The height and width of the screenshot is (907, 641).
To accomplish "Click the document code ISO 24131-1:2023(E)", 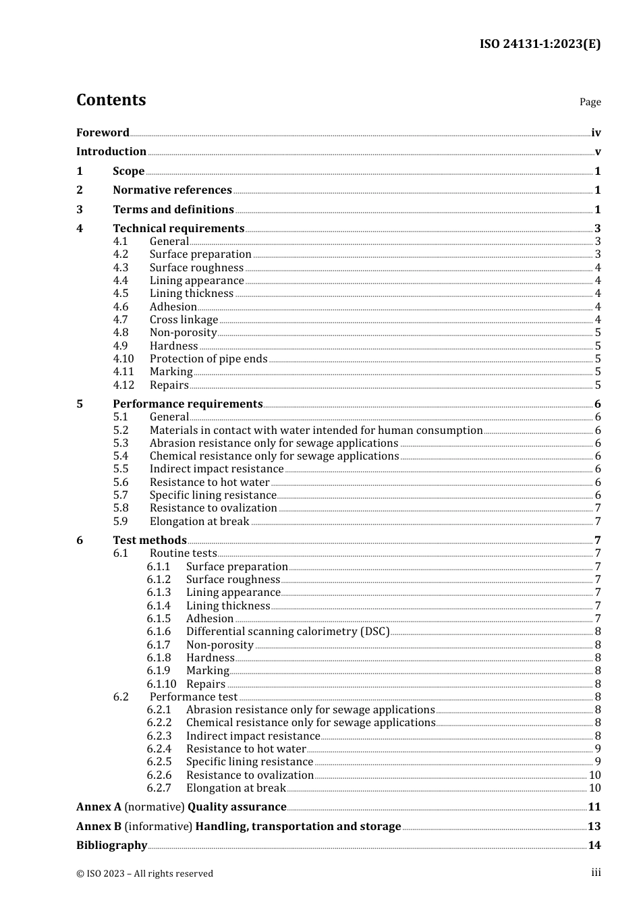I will pyautogui.click(x=540, y=44).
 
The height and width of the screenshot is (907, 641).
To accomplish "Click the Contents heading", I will pyautogui.click(x=111, y=100).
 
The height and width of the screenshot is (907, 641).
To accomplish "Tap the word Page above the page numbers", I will pyautogui.click(x=590, y=102).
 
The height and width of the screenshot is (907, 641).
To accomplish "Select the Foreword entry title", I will pyautogui.click(x=103, y=132).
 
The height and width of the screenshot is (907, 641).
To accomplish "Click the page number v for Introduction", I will pyautogui.click(x=597, y=152).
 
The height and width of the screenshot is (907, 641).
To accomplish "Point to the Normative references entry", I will pyautogui.click(x=172, y=190).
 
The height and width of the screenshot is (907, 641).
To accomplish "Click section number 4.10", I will pyautogui.click(x=123, y=359).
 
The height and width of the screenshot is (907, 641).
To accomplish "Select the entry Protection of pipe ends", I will pyautogui.click(x=208, y=359).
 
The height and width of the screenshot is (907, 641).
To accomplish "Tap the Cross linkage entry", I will pyautogui.click(x=184, y=320).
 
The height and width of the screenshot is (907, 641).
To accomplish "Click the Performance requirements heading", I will pyautogui.click(x=188, y=404).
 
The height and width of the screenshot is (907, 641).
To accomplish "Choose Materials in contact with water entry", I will pyautogui.click(x=316, y=430).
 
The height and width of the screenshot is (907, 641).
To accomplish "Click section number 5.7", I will pyautogui.click(x=121, y=495).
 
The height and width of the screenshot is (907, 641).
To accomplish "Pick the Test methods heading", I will pyautogui.click(x=149, y=540).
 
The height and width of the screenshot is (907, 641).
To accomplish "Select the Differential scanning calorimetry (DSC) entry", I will pyautogui.click(x=288, y=632).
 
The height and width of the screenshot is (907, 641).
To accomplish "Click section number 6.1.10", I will pyautogui.click(x=161, y=684).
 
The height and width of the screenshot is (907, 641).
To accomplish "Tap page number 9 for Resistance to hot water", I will pyautogui.click(x=598, y=749).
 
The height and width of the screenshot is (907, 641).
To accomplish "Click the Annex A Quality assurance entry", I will pyautogui.click(x=182, y=806).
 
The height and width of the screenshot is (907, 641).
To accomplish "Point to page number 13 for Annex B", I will pyautogui.click(x=594, y=826).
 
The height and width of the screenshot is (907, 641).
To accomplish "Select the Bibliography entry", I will pyautogui.click(x=111, y=845).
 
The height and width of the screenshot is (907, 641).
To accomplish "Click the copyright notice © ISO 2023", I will pyautogui.click(x=144, y=873).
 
